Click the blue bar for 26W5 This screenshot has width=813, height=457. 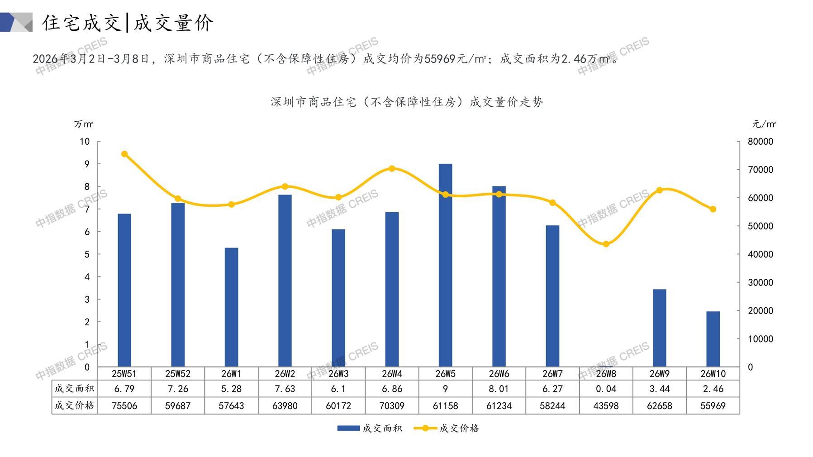tap(445, 265)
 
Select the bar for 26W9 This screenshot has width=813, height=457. tap(659, 328)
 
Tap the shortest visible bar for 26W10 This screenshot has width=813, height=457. tap(713, 339)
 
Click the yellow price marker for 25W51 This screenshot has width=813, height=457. tap(124, 154)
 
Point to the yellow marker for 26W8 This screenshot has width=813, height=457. tap(606, 244)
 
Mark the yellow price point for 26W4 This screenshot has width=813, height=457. tap(392, 169)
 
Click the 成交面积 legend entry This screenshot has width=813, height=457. tap(370, 428)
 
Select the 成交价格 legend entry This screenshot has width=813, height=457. tap(447, 428)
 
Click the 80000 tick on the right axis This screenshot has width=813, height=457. tap(760, 142)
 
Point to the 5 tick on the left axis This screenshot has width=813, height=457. tap(87, 254)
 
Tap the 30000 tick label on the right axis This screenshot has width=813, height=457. tap(760, 282)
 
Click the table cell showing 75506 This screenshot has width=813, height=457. tap(124, 406)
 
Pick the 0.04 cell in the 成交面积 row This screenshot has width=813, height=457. tap(606, 389)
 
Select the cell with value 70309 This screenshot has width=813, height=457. tap(392, 406)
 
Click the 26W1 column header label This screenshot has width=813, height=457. tap(231, 374)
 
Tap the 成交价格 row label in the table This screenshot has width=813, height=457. tap(74, 405)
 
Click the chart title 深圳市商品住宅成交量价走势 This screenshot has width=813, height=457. tap(406, 102)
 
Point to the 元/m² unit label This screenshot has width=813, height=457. tap(764, 124)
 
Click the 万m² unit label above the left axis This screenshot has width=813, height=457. tap(84, 124)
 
